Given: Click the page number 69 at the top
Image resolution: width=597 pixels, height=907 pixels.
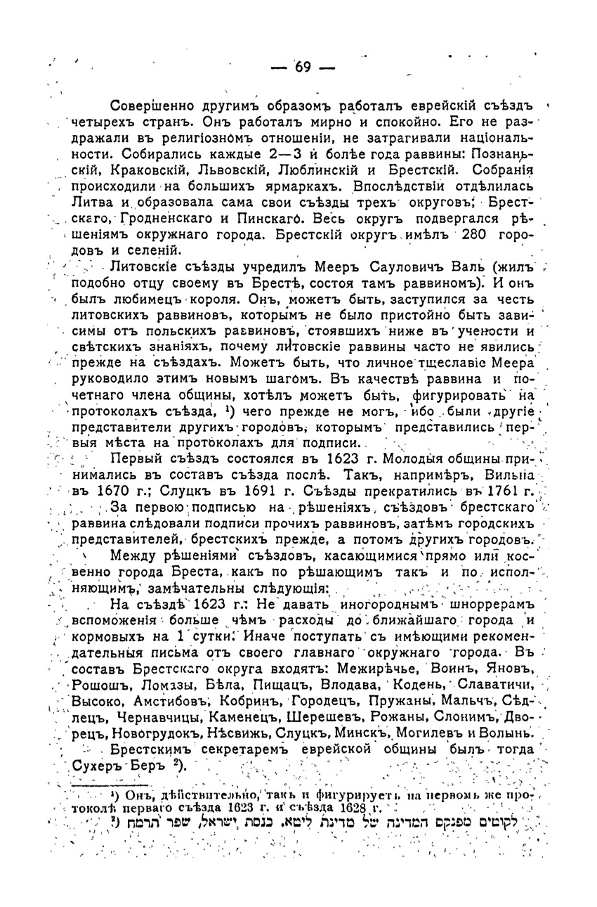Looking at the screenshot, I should [303, 67].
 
